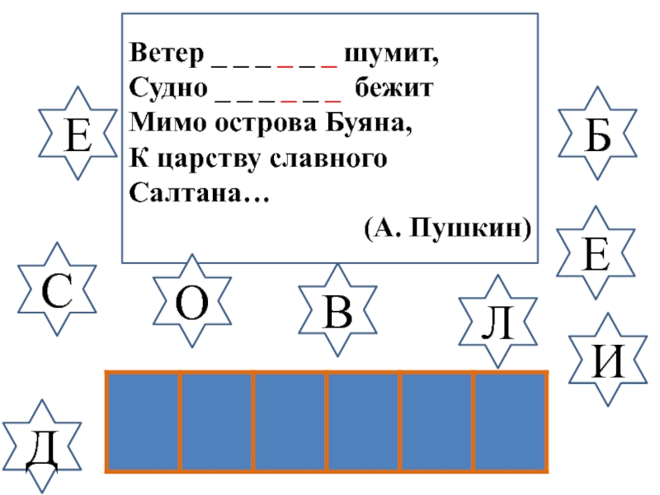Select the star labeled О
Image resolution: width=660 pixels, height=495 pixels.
191,301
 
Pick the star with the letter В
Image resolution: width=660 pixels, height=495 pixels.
337,310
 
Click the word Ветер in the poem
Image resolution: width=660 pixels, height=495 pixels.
166,56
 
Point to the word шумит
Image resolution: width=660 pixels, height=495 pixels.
388,56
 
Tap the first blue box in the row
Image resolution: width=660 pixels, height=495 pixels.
144,422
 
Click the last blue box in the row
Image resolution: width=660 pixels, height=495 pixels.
510,422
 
